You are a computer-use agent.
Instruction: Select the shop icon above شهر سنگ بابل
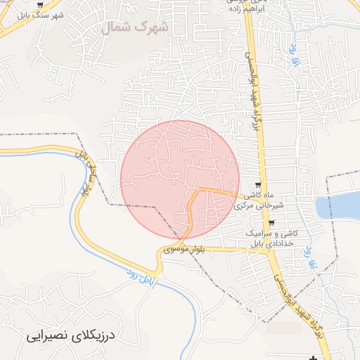39,4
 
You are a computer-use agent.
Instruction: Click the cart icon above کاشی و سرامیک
271,223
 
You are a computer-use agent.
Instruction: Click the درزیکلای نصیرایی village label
67,336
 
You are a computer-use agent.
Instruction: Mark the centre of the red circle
180,179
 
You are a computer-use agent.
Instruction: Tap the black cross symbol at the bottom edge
312,359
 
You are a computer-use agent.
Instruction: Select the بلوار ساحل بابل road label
88,176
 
